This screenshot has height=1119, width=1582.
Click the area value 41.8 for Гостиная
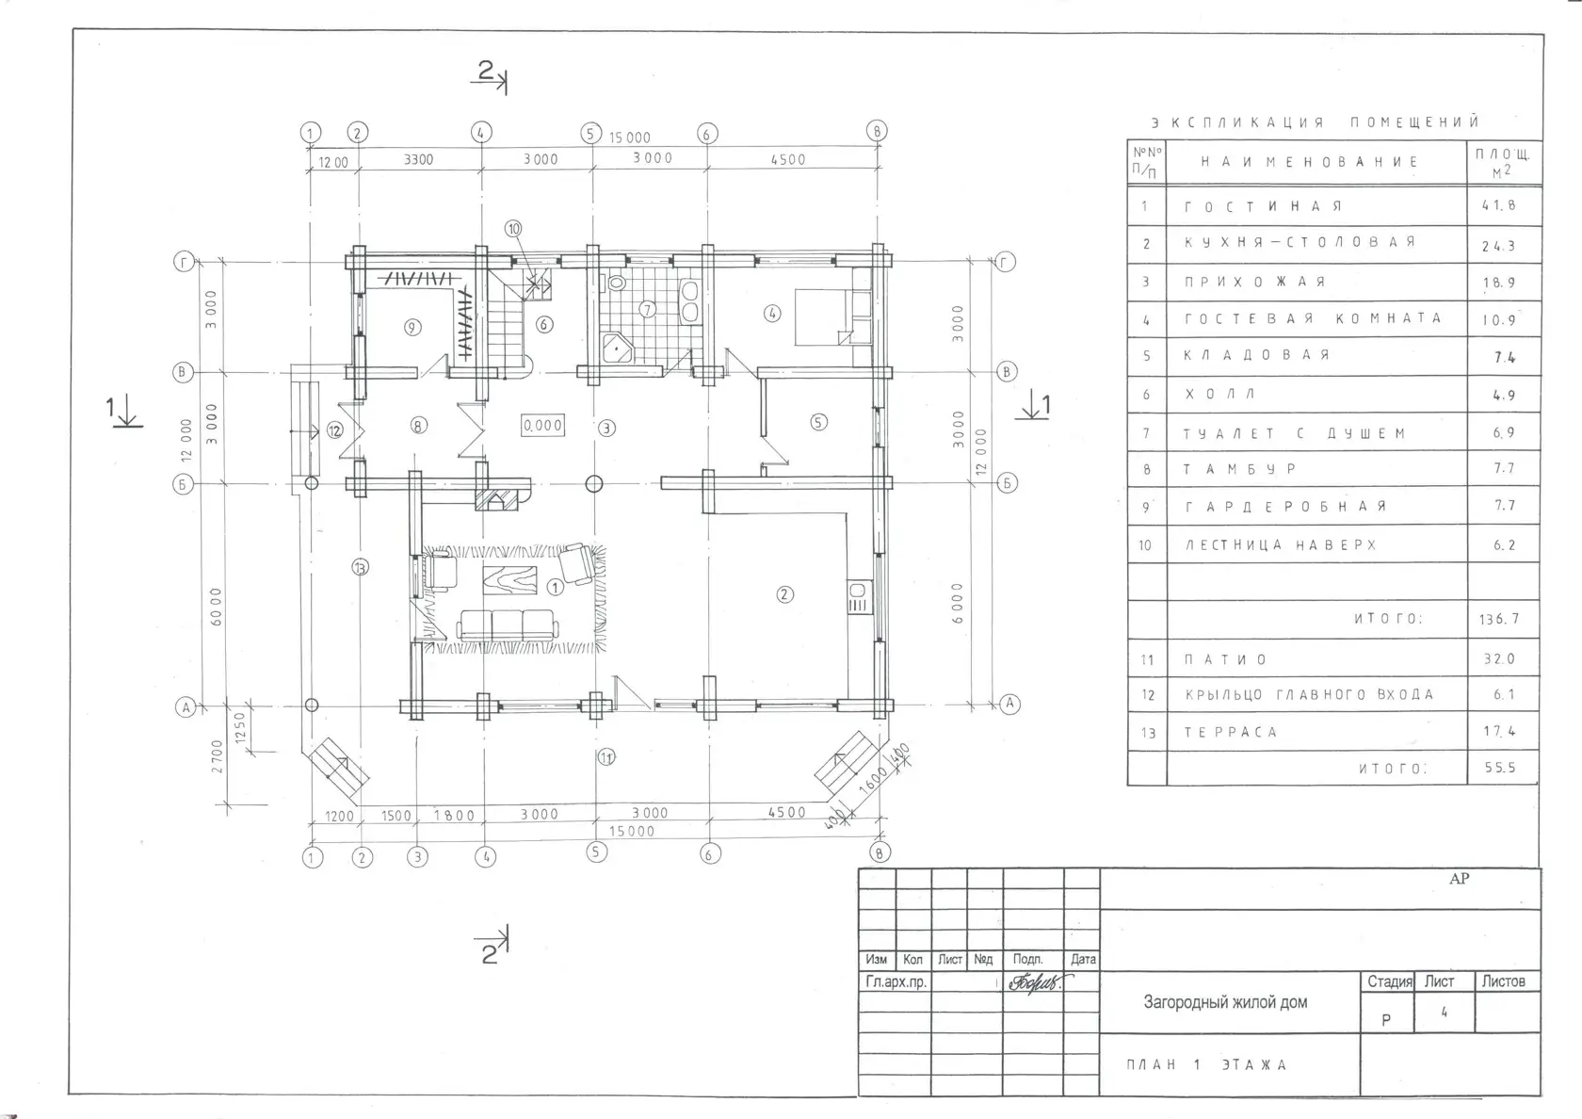[x=1498, y=205]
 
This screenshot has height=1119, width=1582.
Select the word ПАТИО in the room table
[x=1225, y=659]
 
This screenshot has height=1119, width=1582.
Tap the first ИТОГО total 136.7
[x=1499, y=620]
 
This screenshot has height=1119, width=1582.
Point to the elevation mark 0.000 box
[x=542, y=426]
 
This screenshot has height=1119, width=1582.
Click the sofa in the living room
[x=507, y=625]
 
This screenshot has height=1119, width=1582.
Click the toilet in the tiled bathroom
[x=616, y=284]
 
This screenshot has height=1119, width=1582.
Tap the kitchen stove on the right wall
[x=860, y=597]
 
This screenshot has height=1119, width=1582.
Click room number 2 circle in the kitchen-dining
[x=784, y=595]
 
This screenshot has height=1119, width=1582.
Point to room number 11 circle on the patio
[x=606, y=757]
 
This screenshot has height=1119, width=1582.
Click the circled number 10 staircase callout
[x=513, y=228]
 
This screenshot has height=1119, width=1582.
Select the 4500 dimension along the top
[x=788, y=160]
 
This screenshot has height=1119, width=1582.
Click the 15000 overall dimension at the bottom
[x=631, y=832]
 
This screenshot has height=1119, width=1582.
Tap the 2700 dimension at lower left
[x=217, y=756]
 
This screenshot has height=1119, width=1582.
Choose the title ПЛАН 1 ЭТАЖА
[x=1207, y=1064]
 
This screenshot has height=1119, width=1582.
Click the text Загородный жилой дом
[x=1225, y=1002]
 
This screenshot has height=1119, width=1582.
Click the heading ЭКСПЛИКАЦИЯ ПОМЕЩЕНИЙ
[x=1315, y=122]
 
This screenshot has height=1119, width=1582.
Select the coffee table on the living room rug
[x=509, y=580]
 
